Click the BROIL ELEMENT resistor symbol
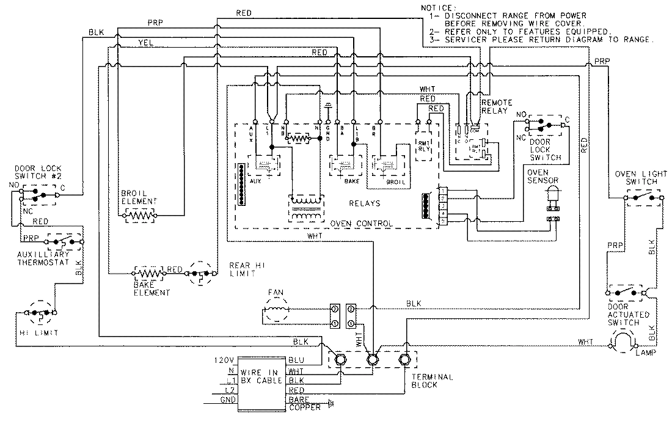coord(140,215)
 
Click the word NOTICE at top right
coord(435,7)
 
